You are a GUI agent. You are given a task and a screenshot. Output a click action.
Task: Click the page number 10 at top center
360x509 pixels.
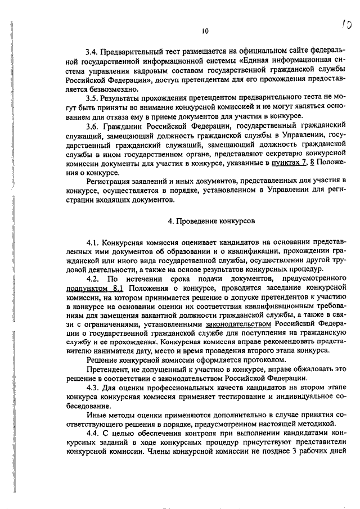tap(205, 31)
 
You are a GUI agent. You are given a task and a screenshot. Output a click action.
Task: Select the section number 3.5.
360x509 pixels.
tap(92, 97)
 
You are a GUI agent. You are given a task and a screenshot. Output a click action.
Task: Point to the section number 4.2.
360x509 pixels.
tap(93, 279)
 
